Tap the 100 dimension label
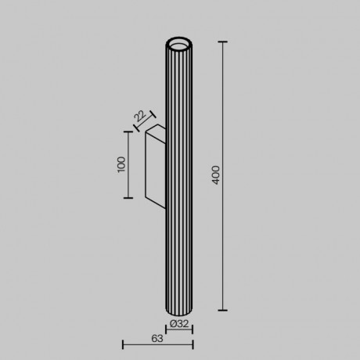coord(121,164)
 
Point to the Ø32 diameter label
coord(178,322)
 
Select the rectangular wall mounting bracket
coord(154,166)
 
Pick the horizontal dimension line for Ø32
coord(178,329)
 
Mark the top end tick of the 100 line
coord(128,131)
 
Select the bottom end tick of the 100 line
coord(128,200)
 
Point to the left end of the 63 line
coord(123,345)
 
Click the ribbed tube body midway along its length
coord(178,175)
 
